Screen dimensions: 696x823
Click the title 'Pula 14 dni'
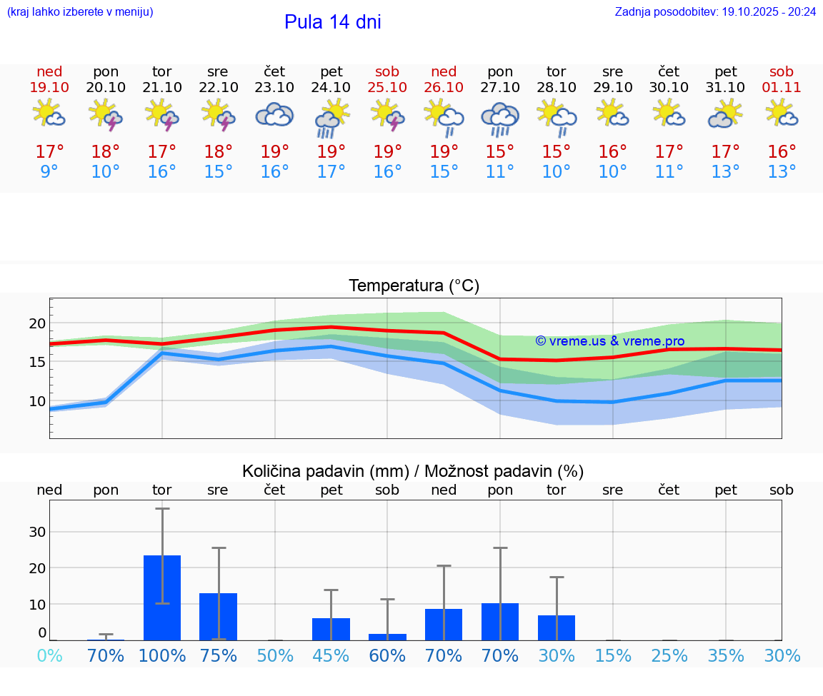tap(332, 22)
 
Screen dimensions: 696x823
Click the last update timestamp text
tap(715, 11)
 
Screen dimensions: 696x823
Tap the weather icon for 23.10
tap(274, 114)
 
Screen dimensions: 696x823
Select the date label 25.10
tap(387, 87)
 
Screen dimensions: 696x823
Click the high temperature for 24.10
tap(331, 152)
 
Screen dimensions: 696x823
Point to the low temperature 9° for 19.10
tap(49, 172)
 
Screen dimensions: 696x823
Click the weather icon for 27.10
tap(500, 116)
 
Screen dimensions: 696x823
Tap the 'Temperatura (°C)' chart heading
tap(414, 286)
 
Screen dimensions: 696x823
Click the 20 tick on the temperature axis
tap(37, 323)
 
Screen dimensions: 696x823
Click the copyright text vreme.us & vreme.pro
tap(609, 341)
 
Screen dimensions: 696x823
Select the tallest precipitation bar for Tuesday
tap(162, 597)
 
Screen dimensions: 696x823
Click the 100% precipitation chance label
tap(162, 656)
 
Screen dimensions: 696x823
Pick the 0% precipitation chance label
tap(49, 656)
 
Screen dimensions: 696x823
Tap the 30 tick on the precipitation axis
tap(37, 532)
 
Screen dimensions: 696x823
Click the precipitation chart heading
tap(413, 471)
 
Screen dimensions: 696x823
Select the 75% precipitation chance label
tap(218, 656)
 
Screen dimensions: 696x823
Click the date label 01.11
tap(782, 87)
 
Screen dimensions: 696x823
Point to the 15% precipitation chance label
tap(613, 656)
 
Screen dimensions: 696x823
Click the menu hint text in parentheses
tap(80, 11)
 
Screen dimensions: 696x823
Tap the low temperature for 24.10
tap(331, 172)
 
